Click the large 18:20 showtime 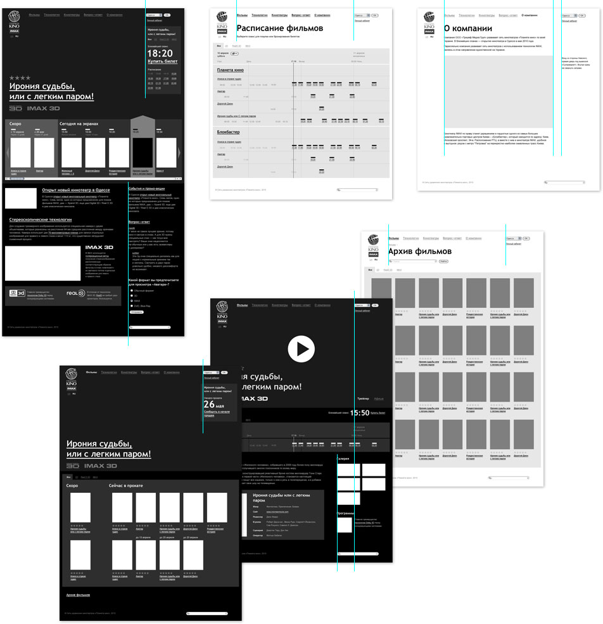(160, 53)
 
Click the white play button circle (301, 348)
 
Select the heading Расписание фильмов (279, 29)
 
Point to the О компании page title (467, 29)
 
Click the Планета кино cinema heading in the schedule (230, 70)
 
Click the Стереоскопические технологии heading (40, 220)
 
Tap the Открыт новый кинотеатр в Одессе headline (76, 189)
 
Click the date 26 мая (214, 405)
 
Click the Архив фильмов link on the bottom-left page (78, 595)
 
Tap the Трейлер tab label (363, 398)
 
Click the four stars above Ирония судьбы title (20, 77)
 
